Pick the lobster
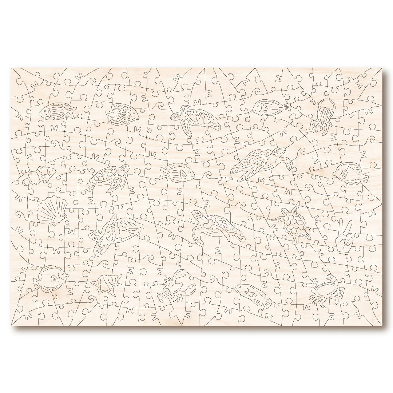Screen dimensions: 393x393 click(176, 285)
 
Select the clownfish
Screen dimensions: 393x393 click(40, 174)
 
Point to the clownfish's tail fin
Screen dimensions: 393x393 click(27, 179)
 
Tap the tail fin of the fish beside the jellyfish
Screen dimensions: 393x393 click(286, 106)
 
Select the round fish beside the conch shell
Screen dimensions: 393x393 click(52, 277)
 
